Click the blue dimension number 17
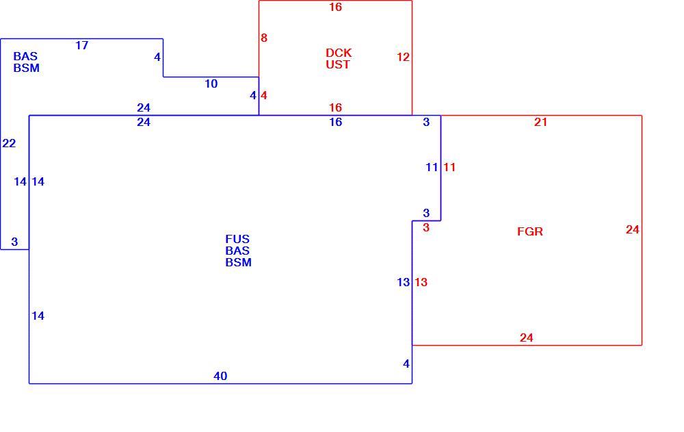(x=81, y=45)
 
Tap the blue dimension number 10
(x=211, y=84)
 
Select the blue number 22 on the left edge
(x=9, y=143)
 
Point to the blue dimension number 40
(x=220, y=376)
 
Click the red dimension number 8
(x=264, y=38)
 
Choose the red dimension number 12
(x=403, y=58)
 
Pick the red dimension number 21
(x=540, y=123)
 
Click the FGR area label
(x=530, y=231)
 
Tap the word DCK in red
(x=339, y=53)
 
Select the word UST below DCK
(x=338, y=64)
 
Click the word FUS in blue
(x=237, y=240)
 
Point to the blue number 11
(x=432, y=167)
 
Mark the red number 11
(x=449, y=167)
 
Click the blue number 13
(x=403, y=283)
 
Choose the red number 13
(x=421, y=283)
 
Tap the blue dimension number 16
(x=335, y=123)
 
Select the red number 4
(x=264, y=95)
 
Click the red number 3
(x=426, y=228)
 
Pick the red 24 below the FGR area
(x=527, y=338)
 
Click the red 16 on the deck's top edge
(x=335, y=7)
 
